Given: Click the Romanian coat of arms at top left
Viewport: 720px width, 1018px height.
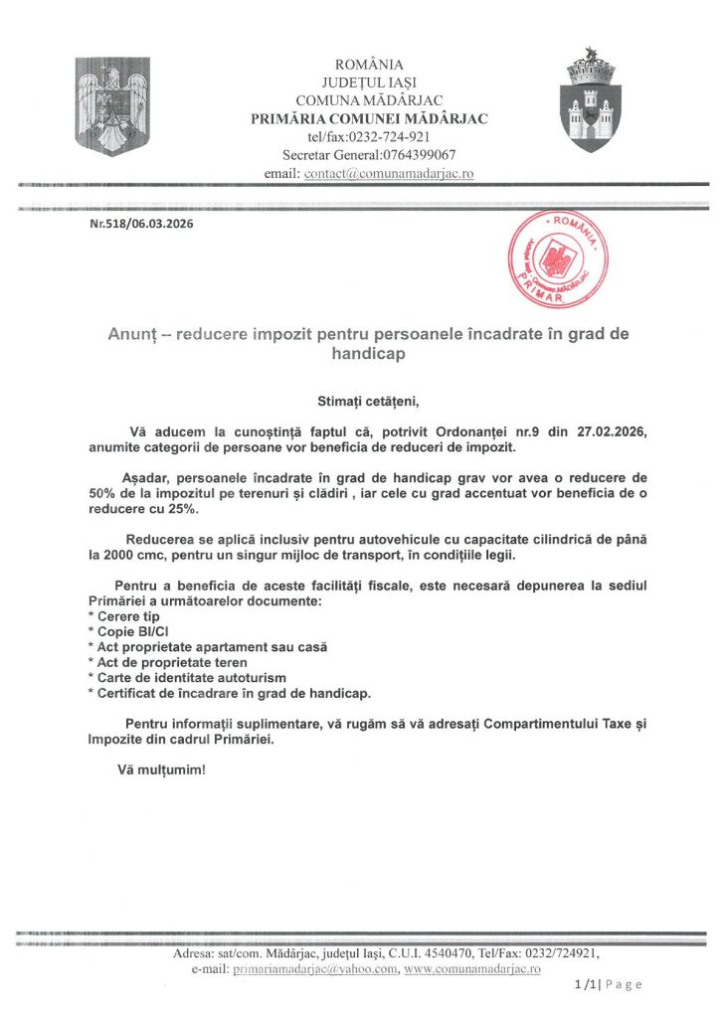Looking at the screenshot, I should (x=112, y=106).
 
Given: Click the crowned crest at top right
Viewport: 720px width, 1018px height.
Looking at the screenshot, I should (x=593, y=99).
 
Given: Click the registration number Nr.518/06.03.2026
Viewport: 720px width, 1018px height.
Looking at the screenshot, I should (x=141, y=224).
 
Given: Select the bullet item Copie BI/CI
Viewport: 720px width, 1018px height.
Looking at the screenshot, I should (x=133, y=631).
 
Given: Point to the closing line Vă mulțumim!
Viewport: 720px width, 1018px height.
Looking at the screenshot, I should (x=162, y=769).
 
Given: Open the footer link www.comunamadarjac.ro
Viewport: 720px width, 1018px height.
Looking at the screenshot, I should (x=473, y=968).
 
